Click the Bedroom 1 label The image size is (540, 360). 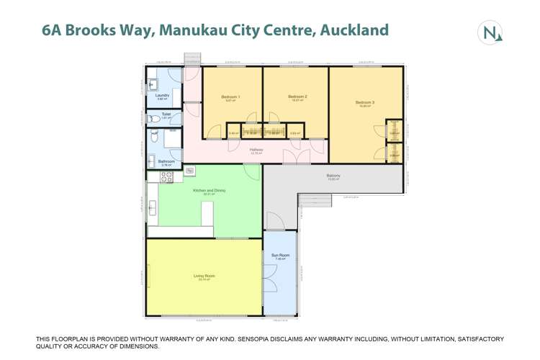click(230, 96)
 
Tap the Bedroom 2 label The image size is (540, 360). click(297, 96)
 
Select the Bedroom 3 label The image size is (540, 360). click(365, 102)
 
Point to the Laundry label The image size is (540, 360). click(162, 94)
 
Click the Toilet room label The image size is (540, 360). click(166, 114)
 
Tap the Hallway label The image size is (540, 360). click(256, 150)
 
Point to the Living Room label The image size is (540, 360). click(204, 276)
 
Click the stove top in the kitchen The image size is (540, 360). click(190, 171)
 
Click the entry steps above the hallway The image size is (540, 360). click(193, 59)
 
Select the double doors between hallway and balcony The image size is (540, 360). click(297, 157)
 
